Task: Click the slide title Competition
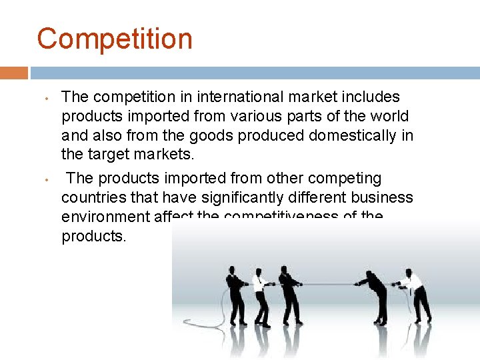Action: (115, 39)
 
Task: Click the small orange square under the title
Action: (14, 73)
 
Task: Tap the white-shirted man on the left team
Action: (261, 297)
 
